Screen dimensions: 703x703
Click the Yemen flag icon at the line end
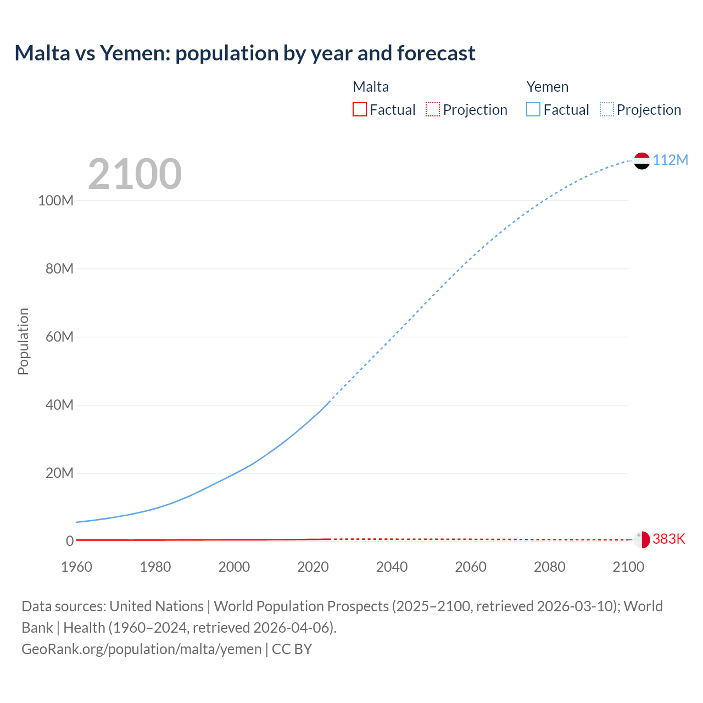coord(641,160)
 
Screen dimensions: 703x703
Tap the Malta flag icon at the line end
coord(641,539)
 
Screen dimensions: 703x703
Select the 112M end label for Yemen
coord(670,160)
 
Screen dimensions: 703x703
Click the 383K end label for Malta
coord(669,539)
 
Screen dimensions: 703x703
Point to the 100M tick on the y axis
coord(55,200)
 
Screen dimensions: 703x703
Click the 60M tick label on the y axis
coord(59,337)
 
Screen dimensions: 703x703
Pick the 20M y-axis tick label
coord(59,473)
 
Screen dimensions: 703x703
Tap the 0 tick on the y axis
coord(70,541)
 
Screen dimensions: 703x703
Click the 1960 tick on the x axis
coord(76,567)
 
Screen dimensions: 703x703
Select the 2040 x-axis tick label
coord(392,567)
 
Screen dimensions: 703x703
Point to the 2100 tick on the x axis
coord(628,567)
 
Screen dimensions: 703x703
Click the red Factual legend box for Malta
coord(360,109)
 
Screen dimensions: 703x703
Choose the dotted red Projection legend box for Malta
coord(433,109)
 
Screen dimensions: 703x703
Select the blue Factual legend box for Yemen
coord(533,109)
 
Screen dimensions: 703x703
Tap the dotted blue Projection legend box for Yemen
coord(607,109)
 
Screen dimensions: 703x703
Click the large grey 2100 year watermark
coord(135,174)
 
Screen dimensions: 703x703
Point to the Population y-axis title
coord(23,341)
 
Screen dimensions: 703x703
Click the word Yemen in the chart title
coord(134,53)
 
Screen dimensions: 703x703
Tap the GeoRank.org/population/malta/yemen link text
coord(141,649)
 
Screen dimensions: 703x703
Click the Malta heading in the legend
coord(371,87)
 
